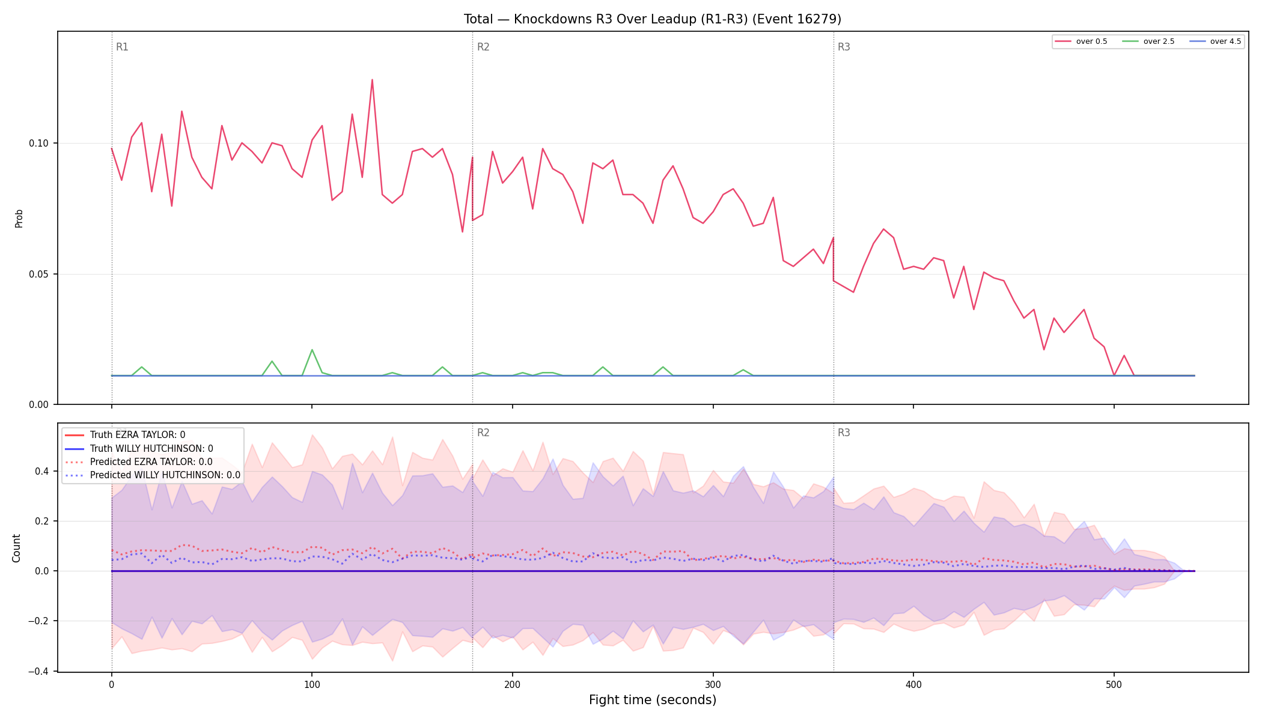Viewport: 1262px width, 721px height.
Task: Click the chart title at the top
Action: pos(652,19)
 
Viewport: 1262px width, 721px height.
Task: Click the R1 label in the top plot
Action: pos(122,47)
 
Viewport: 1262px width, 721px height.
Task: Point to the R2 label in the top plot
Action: pos(483,47)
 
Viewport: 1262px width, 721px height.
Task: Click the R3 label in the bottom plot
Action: pos(844,433)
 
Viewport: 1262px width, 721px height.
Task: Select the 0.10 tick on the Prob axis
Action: pos(39,143)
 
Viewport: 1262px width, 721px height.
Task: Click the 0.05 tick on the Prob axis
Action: pos(39,274)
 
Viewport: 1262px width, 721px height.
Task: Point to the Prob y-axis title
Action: pos(19,218)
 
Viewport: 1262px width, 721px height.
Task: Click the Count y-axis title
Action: pos(16,548)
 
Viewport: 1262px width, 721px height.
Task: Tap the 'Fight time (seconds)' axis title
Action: pos(653,700)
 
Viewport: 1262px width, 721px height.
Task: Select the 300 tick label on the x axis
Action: pos(713,684)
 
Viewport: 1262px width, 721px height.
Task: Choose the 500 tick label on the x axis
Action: pos(1114,684)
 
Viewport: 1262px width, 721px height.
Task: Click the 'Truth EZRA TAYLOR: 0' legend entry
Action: pos(138,435)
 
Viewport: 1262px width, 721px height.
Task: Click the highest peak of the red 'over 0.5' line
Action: pos(372,79)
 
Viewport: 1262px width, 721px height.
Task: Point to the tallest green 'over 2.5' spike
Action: pos(312,350)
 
